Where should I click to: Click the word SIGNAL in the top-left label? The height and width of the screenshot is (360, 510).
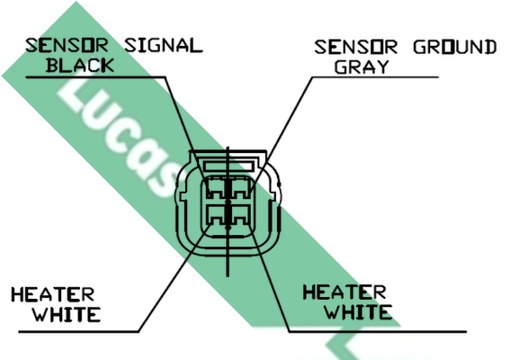(164, 46)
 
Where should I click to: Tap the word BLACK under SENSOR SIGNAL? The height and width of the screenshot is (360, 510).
(80, 66)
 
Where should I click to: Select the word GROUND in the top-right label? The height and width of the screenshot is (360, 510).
(455, 47)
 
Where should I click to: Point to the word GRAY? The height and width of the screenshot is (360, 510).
(362, 67)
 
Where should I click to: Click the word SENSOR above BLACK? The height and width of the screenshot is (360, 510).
(67, 46)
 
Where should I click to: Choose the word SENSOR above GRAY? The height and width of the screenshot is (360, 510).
(356, 47)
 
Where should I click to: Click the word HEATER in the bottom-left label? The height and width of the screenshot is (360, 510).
(53, 294)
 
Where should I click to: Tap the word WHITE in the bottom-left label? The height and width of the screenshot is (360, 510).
(67, 314)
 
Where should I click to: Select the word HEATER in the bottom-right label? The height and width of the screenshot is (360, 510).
(344, 292)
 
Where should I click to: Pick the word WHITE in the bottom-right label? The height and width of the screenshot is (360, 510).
(358, 311)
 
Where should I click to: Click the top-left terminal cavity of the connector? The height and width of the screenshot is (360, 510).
(216, 189)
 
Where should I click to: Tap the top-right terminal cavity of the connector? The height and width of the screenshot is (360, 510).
(240, 189)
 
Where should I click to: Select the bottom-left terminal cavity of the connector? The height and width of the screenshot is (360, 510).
(216, 215)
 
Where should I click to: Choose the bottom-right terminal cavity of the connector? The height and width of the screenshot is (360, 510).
(240, 215)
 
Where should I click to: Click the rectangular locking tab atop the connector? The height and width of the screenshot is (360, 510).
(228, 166)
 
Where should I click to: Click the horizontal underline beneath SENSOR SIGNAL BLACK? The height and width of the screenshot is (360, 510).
(95, 77)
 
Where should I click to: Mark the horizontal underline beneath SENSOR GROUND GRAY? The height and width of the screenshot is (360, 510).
(375, 77)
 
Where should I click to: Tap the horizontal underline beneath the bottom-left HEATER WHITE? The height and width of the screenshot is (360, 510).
(79, 332)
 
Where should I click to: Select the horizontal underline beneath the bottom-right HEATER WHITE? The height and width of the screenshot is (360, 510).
(378, 332)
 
